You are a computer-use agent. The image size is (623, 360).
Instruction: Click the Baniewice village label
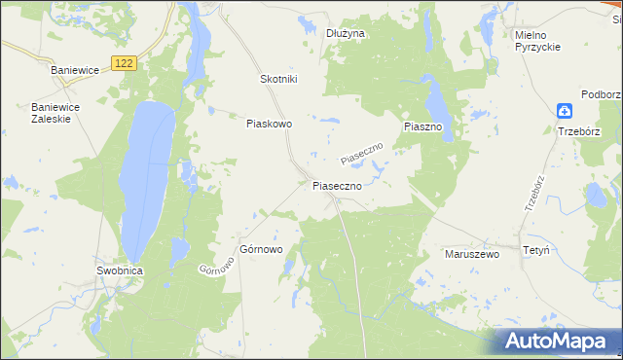pos(76,70)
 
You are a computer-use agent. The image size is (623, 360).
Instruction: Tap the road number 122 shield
pos(123,62)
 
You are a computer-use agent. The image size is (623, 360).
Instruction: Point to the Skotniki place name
pos(278,79)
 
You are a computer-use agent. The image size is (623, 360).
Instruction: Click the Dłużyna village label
pos(345,33)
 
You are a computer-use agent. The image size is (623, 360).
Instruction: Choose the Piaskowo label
pos(270,124)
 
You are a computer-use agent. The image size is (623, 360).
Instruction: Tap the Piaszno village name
pos(423,127)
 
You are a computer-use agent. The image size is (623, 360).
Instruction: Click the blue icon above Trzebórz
pos(566,111)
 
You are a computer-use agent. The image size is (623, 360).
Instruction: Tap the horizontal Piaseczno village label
pos(338,185)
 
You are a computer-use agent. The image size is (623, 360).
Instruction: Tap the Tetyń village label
pos(536,250)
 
